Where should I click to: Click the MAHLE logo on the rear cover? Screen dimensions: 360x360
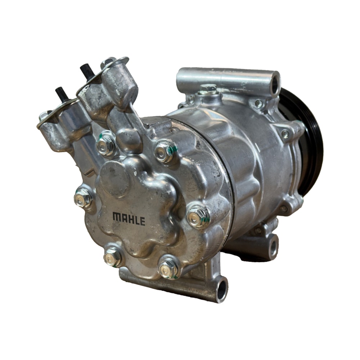click(129, 219)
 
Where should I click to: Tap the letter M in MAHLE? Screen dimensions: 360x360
click(117, 216)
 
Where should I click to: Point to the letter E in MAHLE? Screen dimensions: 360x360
click(142, 221)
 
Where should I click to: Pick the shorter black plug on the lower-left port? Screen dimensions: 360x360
click(61, 94)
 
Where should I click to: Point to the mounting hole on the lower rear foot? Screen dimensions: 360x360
click(274, 247)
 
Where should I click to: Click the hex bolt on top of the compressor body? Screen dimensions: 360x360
click(208, 89)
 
